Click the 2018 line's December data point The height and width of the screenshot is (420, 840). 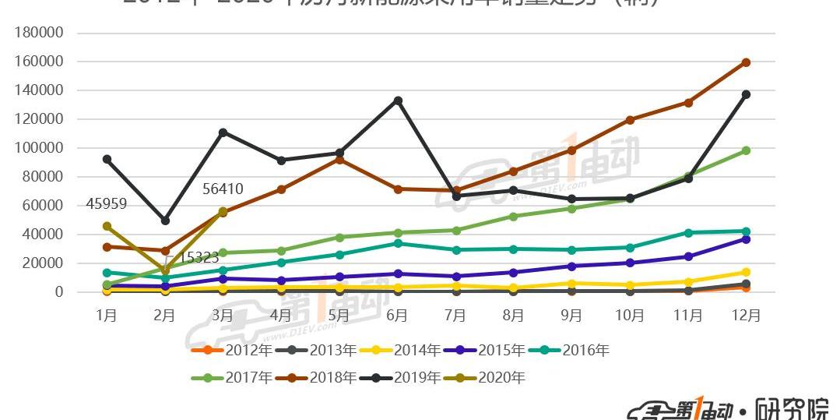746,62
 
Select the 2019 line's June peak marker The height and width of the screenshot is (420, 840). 398,101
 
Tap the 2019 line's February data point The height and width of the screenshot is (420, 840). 165,221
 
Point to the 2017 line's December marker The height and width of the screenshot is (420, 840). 746,150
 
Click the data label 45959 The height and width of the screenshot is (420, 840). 107,204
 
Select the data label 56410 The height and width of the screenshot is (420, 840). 223,189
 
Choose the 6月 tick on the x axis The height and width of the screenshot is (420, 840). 397,315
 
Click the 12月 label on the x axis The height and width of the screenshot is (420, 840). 745,315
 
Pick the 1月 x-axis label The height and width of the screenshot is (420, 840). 107,315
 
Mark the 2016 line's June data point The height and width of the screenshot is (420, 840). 398,243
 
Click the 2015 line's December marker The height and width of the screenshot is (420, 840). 746,239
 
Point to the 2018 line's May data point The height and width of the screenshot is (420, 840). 339,159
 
